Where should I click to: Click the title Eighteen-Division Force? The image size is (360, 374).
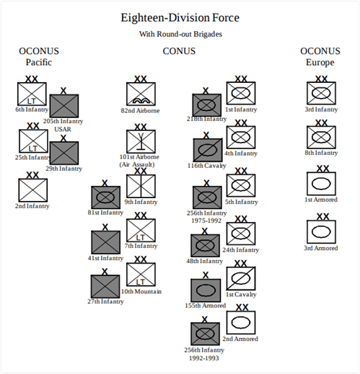click(180, 17)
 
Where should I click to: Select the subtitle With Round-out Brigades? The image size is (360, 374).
click(180, 34)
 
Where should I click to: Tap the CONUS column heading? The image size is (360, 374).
click(179, 51)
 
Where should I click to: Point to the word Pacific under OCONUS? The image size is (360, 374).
click(39, 63)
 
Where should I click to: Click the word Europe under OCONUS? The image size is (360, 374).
click(319, 63)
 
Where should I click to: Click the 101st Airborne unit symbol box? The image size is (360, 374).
click(141, 141)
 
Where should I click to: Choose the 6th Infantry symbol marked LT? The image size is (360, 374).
click(32, 94)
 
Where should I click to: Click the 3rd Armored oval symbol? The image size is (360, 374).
click(320, 232)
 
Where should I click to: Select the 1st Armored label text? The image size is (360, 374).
click(320, 200)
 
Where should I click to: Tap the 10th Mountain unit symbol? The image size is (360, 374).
click(141, 275)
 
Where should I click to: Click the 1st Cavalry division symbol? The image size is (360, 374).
click(241, 278)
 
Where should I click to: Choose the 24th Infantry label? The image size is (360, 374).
click(241, 251)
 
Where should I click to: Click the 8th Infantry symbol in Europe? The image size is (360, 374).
click(320, 137)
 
